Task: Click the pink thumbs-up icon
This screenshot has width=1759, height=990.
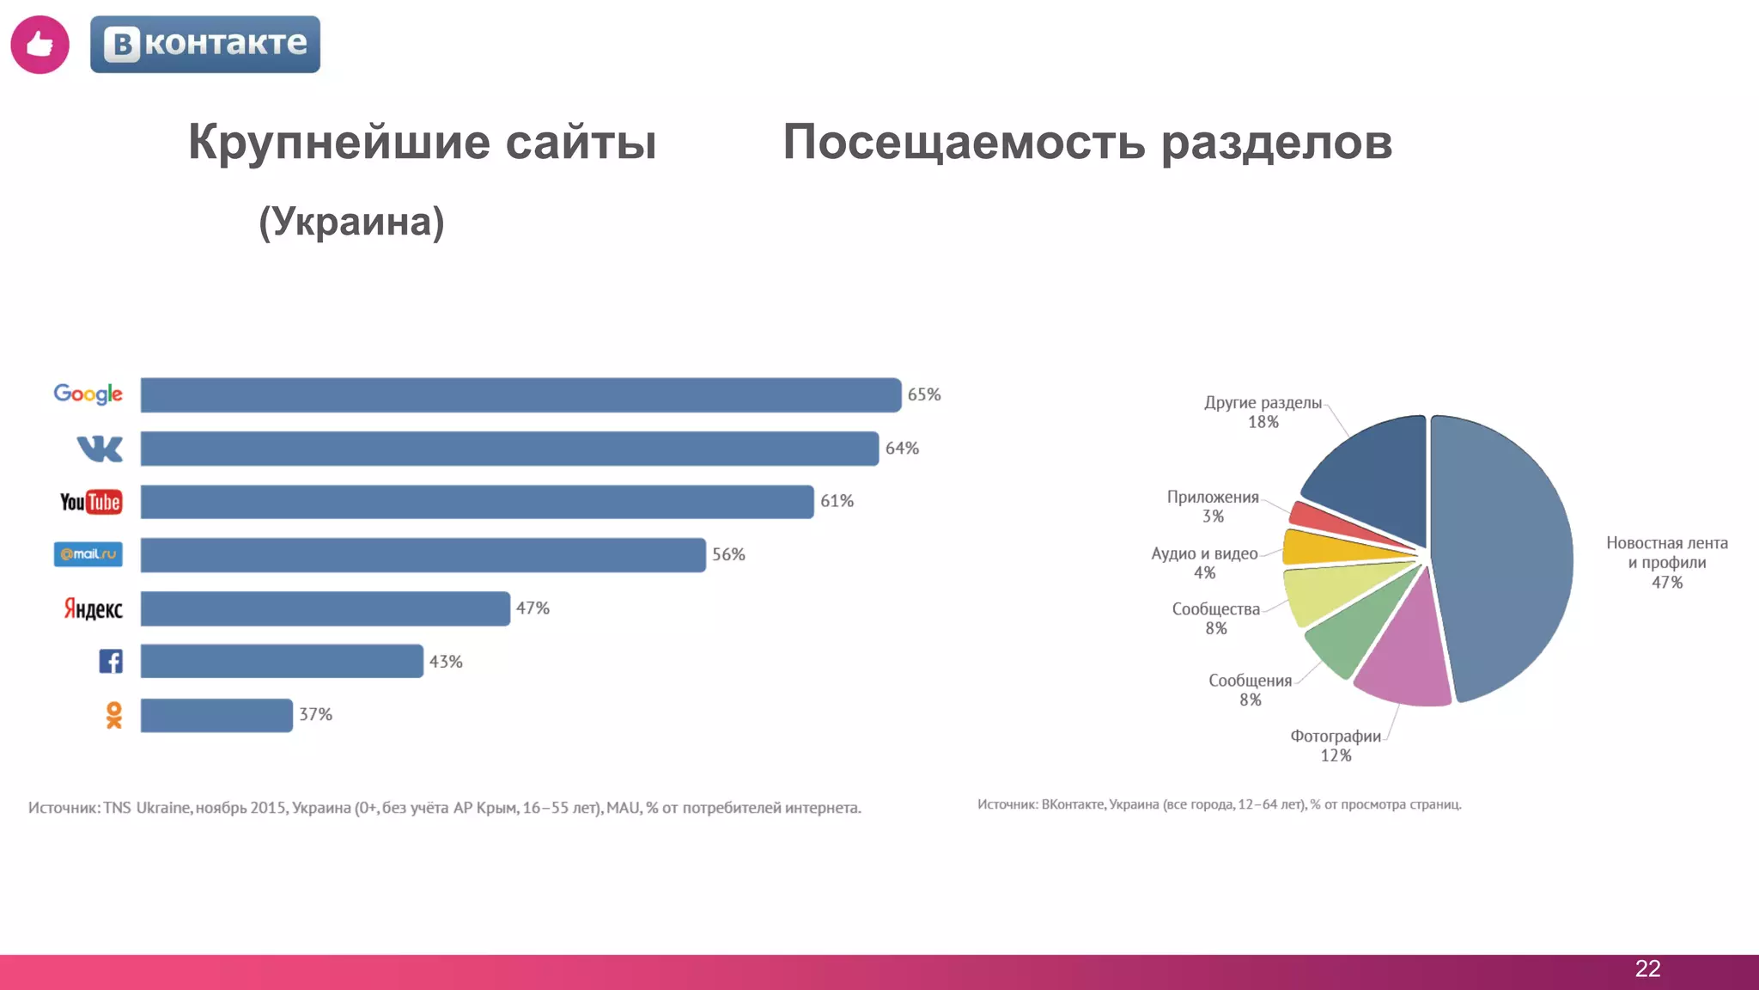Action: (x=40, y=45)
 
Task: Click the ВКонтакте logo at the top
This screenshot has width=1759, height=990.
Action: (x=204, y=45)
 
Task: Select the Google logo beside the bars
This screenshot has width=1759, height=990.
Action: (x=88, y=394)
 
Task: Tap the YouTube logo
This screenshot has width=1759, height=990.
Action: (x=91, y=502)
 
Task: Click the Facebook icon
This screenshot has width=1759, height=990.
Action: (x=111, y=661)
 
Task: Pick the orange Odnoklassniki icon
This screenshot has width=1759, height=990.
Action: (x=113, y=715)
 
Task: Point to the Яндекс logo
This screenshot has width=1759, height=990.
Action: (x=93, y=608)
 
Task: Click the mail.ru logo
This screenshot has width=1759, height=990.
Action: (x=88, y=554)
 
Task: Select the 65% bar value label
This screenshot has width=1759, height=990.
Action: (x=924, y=394)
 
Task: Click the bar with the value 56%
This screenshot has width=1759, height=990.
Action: (x=423, y=555)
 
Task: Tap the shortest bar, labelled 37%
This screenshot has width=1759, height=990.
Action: (x=216, y=715)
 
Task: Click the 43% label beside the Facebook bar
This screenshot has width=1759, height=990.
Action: (x=446, y=662)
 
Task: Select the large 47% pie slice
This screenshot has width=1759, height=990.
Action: (x=1503, y=559)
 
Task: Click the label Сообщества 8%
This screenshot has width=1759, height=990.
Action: (x=1215, y=618)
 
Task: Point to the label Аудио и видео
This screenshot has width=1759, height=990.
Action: (x=1204, y=553)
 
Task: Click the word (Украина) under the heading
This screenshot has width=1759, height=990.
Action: (x=351, y=223)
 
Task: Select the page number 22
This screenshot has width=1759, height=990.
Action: (x=1647, y=969)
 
